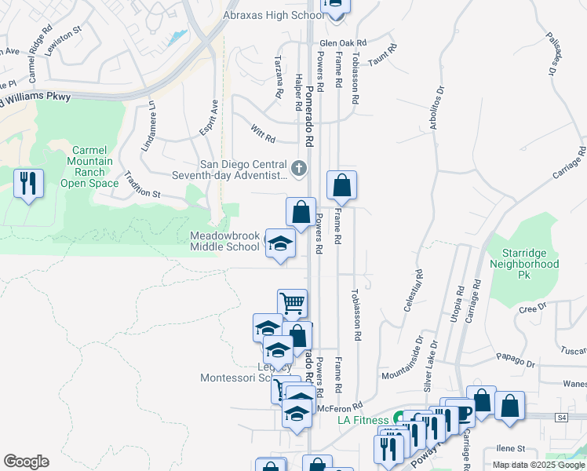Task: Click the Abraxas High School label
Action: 272,15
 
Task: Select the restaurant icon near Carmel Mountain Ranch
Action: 29,184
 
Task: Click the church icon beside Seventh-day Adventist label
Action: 299,168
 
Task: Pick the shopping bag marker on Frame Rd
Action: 341,185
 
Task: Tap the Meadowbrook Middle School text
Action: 224,241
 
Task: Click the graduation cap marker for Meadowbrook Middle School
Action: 280,244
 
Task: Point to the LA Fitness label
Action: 364,420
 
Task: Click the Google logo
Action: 26,461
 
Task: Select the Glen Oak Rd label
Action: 344,43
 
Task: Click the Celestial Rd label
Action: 414,291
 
